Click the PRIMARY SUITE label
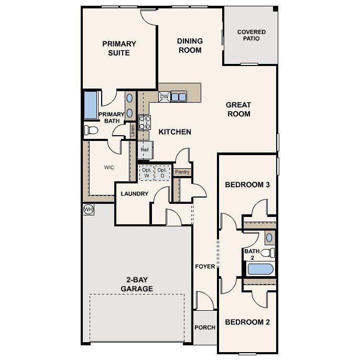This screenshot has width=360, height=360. (119, 48)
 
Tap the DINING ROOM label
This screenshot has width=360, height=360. (190, 46)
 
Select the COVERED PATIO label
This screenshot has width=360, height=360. (251, 35)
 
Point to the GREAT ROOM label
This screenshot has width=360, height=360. (238, 109)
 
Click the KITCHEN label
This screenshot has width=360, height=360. (174, 132)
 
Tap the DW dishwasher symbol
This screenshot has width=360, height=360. (164, 97)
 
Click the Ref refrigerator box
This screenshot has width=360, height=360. (145, 149)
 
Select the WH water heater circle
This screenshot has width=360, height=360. (88, 209)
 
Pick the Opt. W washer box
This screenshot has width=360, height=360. (146, 173)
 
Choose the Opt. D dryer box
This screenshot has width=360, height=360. (162, 173)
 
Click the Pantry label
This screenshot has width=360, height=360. (182, 172)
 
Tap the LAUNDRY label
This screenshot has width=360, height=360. (135, 194)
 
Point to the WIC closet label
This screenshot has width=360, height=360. (109, 168)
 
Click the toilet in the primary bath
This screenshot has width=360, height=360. (92, 129)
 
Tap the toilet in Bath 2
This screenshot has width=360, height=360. (268, 253)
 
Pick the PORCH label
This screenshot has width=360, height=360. (205, 328)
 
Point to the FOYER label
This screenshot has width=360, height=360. (205, 266)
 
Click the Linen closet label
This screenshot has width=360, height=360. (133, 130)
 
